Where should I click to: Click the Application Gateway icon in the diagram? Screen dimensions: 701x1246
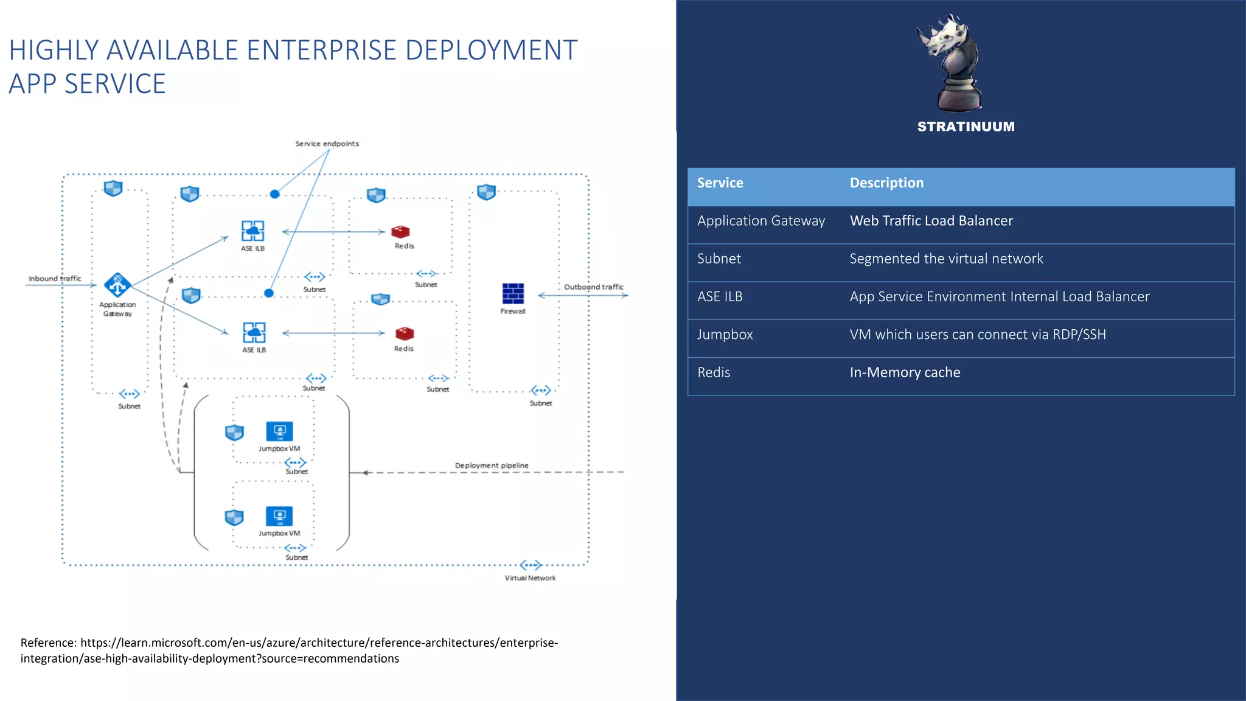pyautogui.click(x=117, y=284)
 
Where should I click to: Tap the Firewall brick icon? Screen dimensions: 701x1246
pyautogui.click(x=513, y=293)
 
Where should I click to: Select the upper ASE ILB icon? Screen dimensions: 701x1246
pyautogui.click(x=252, y=231)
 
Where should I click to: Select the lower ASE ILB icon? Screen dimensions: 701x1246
pyautogui.click(x=254, y=333)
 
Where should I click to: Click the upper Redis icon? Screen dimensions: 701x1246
pyautogui.click(x=400, y=232)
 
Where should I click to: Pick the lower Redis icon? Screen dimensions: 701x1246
pyautogui.click(x=404, y=333)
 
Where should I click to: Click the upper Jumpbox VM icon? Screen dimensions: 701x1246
pyautogui.click(x=279, y=431)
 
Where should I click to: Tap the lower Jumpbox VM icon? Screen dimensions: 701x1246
pyautogui.click(x=279, y=516)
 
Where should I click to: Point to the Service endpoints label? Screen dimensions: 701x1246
pyautogui.click(x=327, y=144)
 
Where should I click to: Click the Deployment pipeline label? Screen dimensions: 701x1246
pyautogui.click(x=492, y=466)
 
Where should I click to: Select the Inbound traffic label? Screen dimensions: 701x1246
pyautogui.click(x=55, y=279)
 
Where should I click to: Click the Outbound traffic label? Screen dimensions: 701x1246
pyautogui.click(x=593, y=287)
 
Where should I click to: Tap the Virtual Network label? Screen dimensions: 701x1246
pyautogui.click(x=530, y=578)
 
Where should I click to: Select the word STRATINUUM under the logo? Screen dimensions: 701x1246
pyautogui.click(x=966, y=127)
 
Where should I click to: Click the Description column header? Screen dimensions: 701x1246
pyautogui.click(x=886, y=183)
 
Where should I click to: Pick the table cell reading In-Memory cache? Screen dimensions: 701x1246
pyautogui.click(x=905, y=372)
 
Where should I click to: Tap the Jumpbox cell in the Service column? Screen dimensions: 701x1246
pyautogui.click(x=725, y=335)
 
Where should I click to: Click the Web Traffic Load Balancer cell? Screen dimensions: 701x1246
pyautogui.click(x=931, y=221)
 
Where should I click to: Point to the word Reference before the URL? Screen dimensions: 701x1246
pyautogui.click(x=48, y=643)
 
